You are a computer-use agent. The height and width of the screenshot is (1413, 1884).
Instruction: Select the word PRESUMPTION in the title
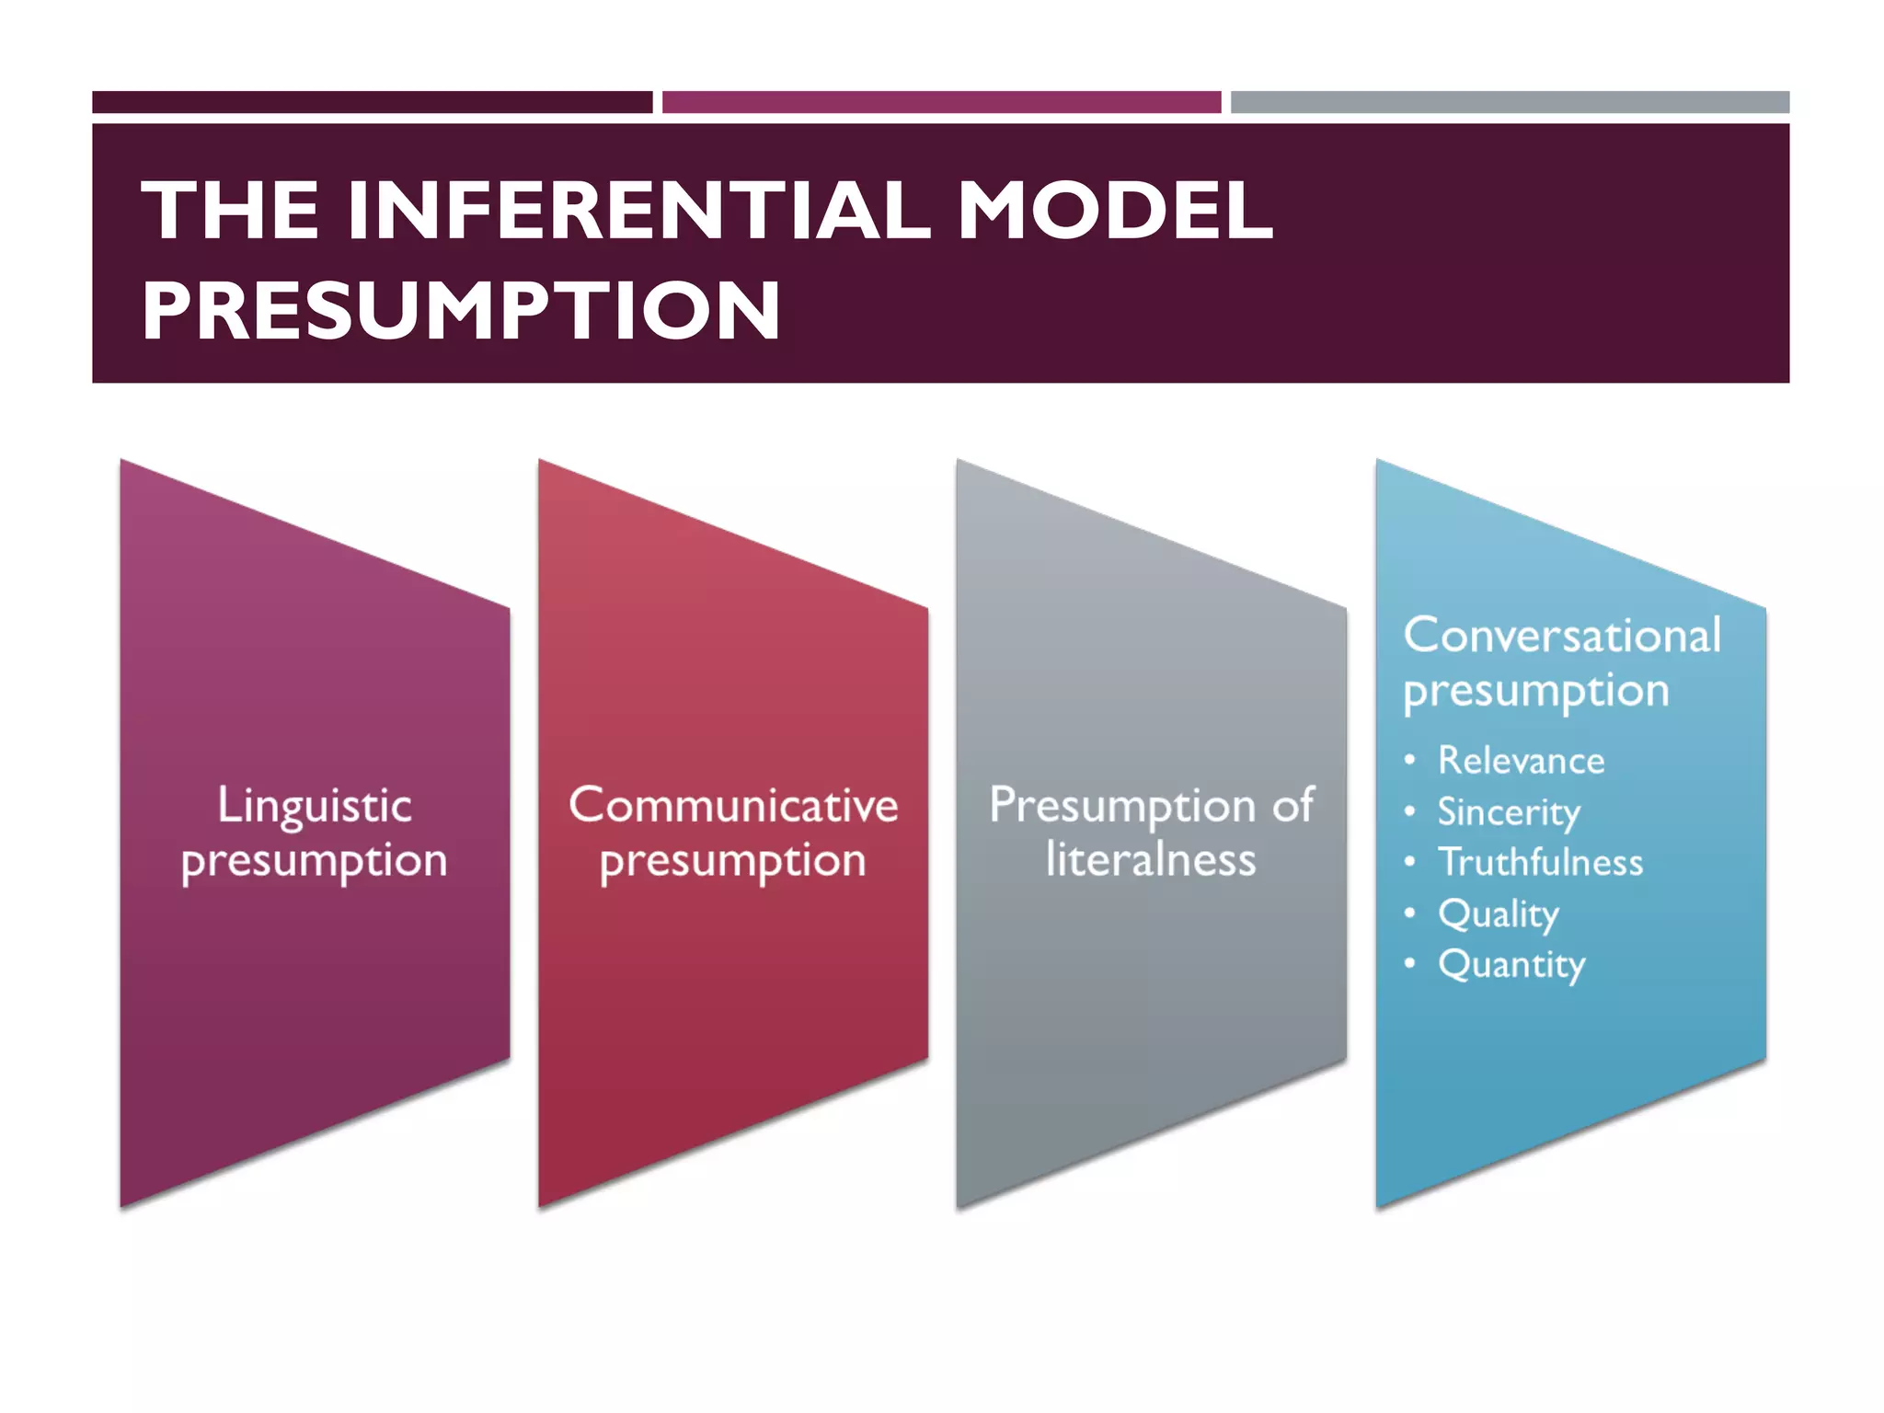461,311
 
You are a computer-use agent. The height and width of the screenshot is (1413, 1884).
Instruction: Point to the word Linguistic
315,806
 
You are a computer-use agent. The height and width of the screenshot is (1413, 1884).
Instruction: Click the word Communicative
733,806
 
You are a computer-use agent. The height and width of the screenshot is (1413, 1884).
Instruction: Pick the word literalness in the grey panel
1151,860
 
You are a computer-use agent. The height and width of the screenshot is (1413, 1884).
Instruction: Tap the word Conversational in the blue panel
1562,636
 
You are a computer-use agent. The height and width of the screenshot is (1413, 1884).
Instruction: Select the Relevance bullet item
1522,761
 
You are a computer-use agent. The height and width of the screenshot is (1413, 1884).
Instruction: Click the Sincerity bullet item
1509,812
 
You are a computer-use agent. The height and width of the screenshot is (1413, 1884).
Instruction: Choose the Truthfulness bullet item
1541,863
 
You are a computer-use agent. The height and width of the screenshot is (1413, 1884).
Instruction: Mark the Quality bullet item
1499,914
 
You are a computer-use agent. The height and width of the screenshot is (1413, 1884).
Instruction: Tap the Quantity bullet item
1511,965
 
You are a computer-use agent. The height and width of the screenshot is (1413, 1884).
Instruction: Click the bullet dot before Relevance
1409,760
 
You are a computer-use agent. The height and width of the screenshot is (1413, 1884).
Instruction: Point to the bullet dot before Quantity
1409,963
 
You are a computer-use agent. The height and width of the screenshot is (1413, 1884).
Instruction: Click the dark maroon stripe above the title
372,102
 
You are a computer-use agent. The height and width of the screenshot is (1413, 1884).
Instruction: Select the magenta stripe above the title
941,102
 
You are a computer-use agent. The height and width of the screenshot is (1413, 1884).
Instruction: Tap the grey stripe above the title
1510,102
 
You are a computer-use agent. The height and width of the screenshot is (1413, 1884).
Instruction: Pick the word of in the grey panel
1292,806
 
